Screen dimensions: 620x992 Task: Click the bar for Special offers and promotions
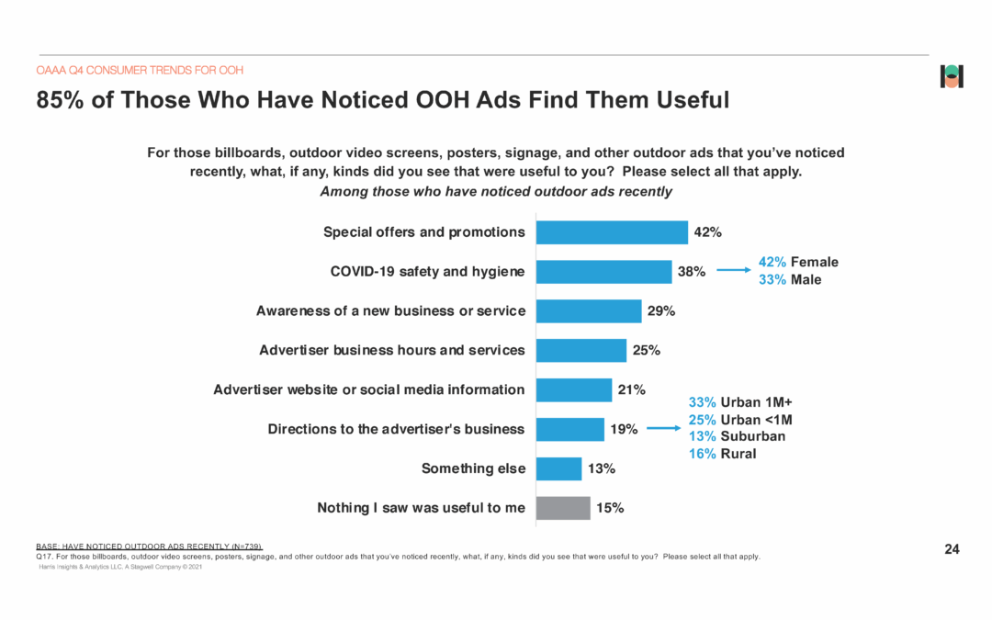[611, 232]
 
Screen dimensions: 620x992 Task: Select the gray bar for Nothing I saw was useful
[562, 508]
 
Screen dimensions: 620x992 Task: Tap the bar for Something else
[558, 468]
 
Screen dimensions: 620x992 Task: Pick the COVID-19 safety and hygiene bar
[603, 272]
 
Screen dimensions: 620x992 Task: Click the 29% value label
[661, 311]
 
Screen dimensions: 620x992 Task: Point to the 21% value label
[631, 389]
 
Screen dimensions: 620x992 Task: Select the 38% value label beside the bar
[692, 272]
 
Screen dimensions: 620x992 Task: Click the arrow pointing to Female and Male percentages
[735, 271]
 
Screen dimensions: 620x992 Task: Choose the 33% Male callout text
[790, 279]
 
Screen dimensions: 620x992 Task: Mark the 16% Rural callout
[722, 454]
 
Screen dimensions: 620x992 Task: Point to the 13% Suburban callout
[737, 436]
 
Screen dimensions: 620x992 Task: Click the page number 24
[952, 549]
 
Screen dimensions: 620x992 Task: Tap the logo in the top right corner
[952, 77]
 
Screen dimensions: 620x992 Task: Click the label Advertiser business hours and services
[392, 350]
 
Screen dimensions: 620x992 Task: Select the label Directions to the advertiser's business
[396, 429]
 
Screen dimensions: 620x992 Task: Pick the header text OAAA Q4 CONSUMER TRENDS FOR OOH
[140, 70]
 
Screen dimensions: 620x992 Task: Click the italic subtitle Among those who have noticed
[495, 192]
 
